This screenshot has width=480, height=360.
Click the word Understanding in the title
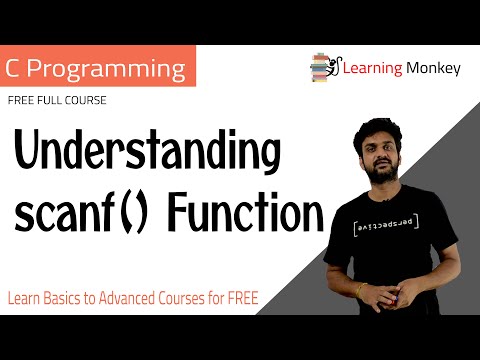(145, 156)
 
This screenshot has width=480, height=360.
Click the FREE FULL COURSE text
(57, 101)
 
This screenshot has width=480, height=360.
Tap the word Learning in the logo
(370, 69)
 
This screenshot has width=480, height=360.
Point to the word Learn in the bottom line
(21, 298)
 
